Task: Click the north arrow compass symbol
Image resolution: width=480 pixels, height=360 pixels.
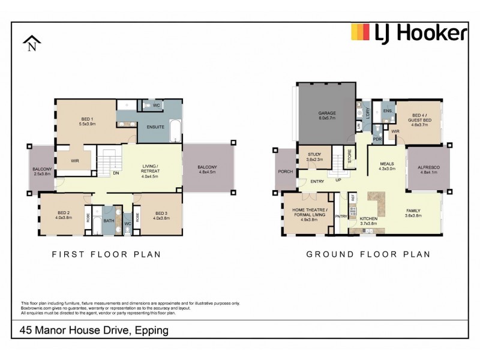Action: click(x=31, y=44)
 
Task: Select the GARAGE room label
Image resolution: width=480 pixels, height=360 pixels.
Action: click(x=326, y=113)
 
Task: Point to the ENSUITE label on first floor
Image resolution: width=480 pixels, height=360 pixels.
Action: click(x=155, y=127)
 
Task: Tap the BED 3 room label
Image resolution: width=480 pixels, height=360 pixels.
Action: click(x=161, y=213)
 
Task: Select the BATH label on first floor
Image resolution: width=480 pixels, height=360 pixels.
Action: click(x=109, y=220)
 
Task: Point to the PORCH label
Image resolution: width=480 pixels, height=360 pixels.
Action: click(x=284, y=170)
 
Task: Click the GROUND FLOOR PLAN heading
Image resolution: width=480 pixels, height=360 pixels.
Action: click(x=368, y=254)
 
